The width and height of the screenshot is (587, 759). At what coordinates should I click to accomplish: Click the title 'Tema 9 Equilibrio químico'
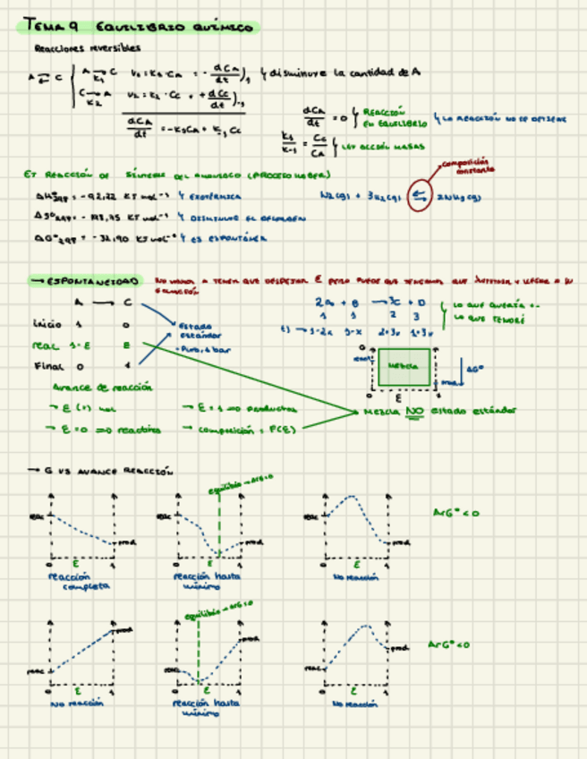tap(139, 28)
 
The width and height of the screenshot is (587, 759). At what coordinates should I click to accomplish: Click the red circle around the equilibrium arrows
tap(418, 197)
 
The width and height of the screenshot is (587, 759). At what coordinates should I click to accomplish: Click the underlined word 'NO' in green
tap(413, 411)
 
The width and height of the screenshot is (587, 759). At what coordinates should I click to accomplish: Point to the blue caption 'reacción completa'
tap(81, 582)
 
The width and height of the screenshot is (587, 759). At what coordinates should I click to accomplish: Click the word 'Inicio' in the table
tap(47, 323)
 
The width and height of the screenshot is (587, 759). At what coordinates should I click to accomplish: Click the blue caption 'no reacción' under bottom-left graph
tap(79, 704)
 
